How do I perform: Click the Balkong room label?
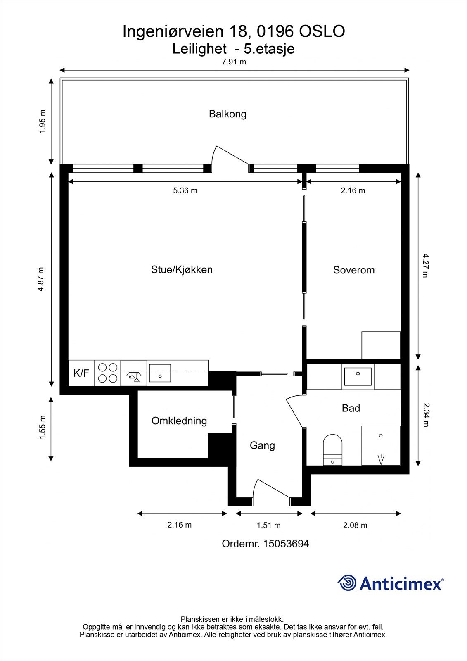click(228, 114)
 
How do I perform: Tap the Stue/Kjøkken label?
click(182, 270)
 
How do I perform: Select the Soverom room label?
click(354, 270)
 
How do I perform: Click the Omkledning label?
click(179, 421)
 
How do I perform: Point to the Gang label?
click(262, 445)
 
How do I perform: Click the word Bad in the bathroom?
click(351, 408)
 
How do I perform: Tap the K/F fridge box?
click(81, 373)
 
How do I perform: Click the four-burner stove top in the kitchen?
click(108, 373)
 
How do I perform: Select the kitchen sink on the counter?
click(160, 373)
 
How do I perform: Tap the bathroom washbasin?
click(358, 376)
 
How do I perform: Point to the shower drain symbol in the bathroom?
click(381, 459)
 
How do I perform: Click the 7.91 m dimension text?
click(234, 62)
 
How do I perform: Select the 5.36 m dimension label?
click(185, 190)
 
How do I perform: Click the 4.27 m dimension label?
click(425, 265)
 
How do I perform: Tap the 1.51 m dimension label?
click(268, 525)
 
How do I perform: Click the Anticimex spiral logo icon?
click(347, 583)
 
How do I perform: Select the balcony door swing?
click(230, 159)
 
